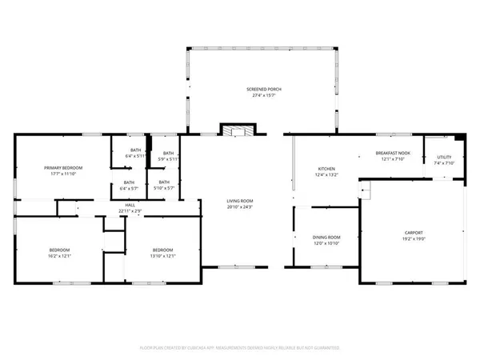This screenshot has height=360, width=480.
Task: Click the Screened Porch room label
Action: (263, 89)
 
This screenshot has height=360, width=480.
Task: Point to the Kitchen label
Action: (327, 168)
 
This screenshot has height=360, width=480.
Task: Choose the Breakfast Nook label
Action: (393, 152)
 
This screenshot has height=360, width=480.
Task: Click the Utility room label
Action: (443, 157)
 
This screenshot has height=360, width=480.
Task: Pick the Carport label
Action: (414, 234)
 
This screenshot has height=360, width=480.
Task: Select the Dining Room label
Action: (326, 237)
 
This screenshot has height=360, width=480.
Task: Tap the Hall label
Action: (130, 205)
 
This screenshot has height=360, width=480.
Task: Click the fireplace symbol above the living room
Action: (237, 130)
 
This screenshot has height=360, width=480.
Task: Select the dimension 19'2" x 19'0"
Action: (414, 239)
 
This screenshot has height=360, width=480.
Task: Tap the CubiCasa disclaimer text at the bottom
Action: (240, 348)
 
